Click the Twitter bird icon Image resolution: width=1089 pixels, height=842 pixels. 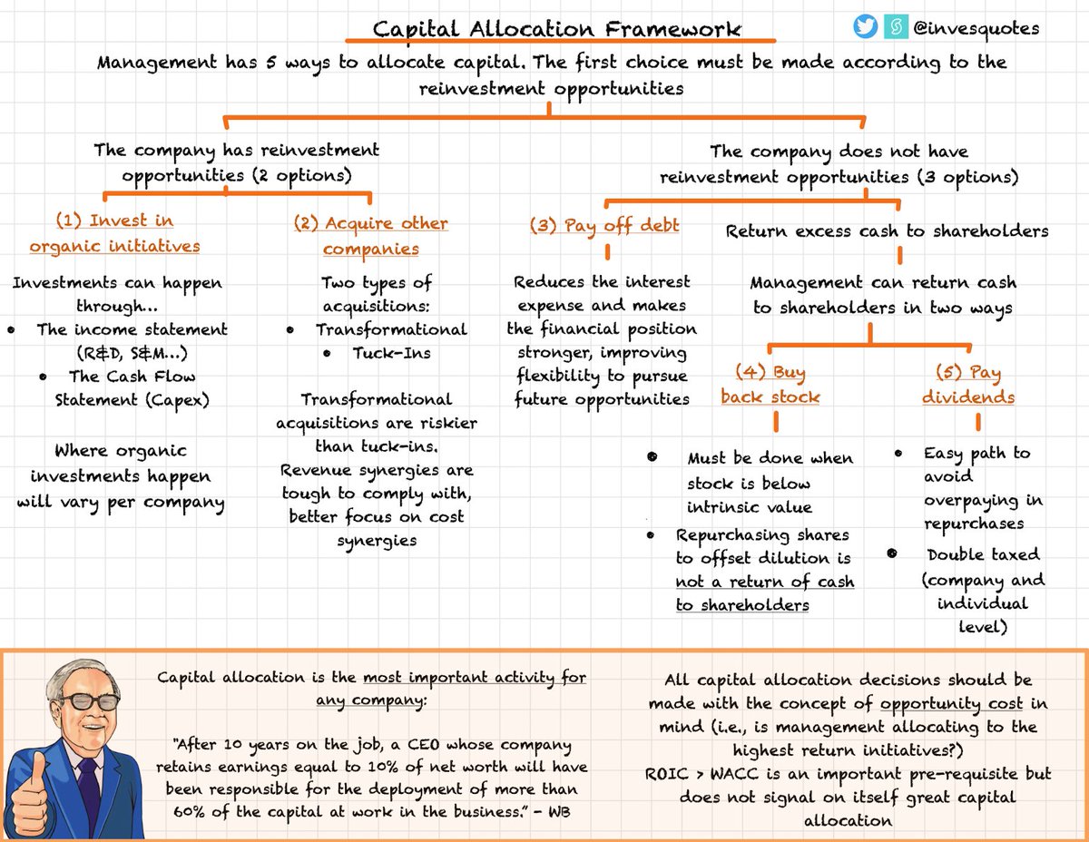(x=866, y=28)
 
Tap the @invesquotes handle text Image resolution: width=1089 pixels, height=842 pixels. (x=976, y=28)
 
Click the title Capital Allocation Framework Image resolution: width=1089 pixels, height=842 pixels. (x=557, y=29)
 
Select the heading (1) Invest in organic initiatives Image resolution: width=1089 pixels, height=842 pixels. (x=114, y=233)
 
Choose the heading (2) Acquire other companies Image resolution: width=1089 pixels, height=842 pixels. (x=370, y=236)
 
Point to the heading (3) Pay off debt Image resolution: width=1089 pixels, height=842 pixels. (x=604, y=226)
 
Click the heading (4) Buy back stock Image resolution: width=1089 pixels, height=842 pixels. (x=770, y=385)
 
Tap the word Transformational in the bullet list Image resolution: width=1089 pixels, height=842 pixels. (x=391, y=329)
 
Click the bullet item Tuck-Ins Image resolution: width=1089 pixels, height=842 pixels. (x=390, y=354)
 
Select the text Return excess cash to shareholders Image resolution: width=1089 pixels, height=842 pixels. (x=887, y=231)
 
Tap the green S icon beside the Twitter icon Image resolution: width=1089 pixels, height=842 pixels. (x=894, y=28)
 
